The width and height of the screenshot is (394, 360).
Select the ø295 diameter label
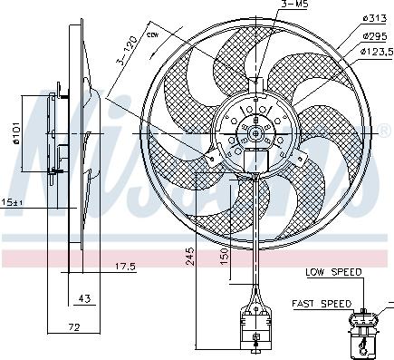point(374,35)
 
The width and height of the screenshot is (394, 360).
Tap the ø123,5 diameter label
point(376,51)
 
